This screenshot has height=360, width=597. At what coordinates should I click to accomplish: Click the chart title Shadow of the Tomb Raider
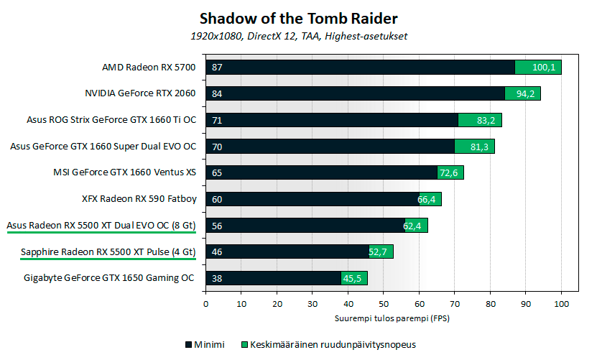pos(298,17)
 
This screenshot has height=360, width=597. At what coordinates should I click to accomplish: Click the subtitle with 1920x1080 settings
pos(298,35)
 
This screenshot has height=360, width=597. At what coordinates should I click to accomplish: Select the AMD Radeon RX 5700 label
pos(148,68)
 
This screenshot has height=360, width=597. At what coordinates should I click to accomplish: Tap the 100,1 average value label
pos(545,68)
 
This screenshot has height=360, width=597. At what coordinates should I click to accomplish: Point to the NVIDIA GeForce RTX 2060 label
pos(140,93)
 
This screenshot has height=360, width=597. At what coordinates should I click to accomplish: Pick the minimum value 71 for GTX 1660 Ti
pos(217,120)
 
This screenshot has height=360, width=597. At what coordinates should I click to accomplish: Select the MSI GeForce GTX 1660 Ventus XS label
pos(124,172)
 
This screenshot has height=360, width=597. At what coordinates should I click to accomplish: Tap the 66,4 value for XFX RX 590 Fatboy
pos(430,199)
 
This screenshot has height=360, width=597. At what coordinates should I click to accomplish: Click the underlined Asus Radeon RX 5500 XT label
pos(101,226)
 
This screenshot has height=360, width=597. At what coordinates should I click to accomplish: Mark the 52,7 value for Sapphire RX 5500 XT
pos(381,251)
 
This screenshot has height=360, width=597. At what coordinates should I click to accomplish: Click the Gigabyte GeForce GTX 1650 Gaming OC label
pos(109,278)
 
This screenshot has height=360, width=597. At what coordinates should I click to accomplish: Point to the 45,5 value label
pos(354,278)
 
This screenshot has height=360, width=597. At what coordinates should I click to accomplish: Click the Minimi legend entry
pos(205,344)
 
